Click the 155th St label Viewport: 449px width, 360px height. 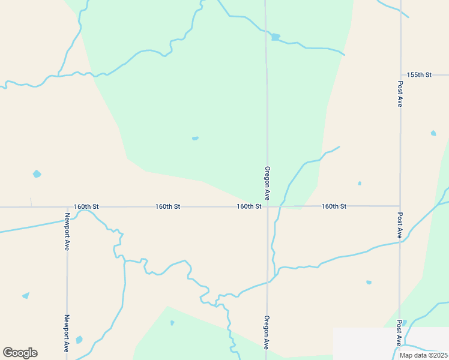(x=419, y=75)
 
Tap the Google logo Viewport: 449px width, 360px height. (x=20, y=353)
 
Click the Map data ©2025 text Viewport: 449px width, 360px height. (x=423, y=355)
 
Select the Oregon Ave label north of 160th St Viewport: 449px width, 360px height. (x=267, y=183)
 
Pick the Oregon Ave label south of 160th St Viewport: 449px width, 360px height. (x=266, y=332)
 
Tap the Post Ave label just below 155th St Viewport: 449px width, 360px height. (x=400, y=94)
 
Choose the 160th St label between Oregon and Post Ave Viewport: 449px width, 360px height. (x=334, y=206)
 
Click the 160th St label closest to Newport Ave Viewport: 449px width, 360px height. (x=86, y=206)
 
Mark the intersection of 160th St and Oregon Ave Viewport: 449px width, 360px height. (x=268, y=206)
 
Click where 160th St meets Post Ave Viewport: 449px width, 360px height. (x=400, y=206)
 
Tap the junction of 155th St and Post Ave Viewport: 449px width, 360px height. (x=400, y=75)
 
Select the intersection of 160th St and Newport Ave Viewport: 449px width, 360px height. (x=67, y=207)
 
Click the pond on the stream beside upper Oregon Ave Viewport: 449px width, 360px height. (x=275, y=37)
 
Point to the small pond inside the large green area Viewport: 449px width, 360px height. (x=195, y=139)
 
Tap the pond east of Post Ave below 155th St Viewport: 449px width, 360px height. (x=433, y=133)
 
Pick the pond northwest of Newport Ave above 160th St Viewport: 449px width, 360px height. (x=37, y=174)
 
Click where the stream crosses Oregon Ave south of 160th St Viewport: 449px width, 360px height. (x=268, y=282)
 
